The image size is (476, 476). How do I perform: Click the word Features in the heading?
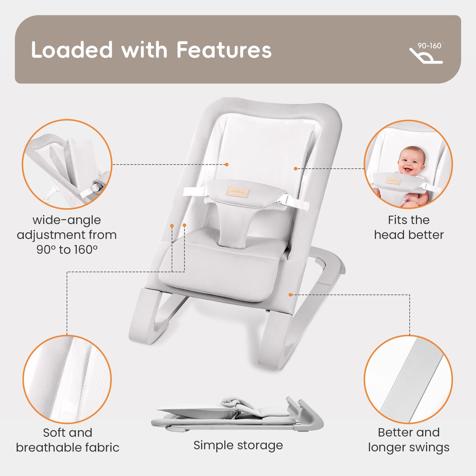click(224, 50)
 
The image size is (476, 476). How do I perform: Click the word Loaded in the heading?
click(72, 50)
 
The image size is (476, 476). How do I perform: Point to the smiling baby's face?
click(412, 162)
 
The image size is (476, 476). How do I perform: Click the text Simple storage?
click(238, 445)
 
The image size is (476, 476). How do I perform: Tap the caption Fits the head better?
click(409, 227)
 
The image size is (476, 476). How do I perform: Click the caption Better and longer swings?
click(409, 440)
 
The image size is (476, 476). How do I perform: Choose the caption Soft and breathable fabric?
click(68, 440)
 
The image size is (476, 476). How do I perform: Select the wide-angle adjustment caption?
click(67, 235)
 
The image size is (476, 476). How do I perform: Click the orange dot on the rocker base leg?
click(290, 295)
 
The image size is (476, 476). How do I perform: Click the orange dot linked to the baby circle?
click(295, 169)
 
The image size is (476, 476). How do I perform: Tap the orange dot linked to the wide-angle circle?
click(227, 164)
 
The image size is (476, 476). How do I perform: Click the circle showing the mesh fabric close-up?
click(67, 379)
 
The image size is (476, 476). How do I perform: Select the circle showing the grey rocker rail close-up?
click(408, 379)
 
